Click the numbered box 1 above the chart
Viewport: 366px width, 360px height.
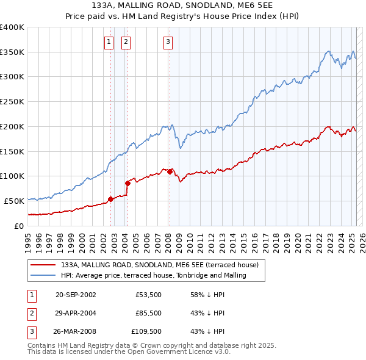point(109,42)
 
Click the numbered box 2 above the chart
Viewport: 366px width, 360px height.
point(126,42)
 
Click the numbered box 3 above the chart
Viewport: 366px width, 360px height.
point(168,42)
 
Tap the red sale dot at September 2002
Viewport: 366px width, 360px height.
point(110,198)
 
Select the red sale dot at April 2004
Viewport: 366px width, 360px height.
point(128,182)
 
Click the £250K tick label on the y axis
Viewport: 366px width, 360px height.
point(12,101)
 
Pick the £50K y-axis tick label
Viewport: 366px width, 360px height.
point(15,201)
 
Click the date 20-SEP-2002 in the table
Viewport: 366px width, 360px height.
point(76,295)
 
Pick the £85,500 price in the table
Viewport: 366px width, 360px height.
point(149,313)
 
